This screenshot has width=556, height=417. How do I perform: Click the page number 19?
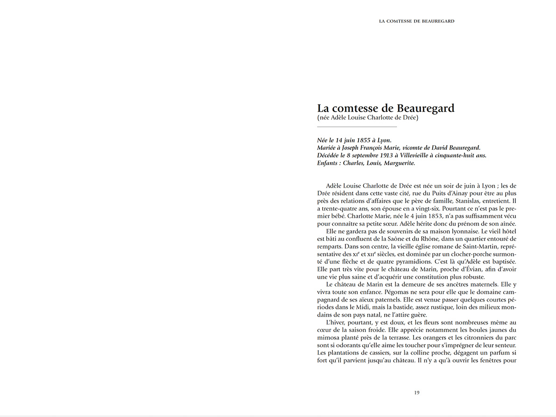[x=416, y=393]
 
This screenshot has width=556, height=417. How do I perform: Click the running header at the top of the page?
[x=416, y=21]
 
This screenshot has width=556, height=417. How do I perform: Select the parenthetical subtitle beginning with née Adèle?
[x=367, y=118]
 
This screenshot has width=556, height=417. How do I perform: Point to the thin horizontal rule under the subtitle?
[x=357, y=127]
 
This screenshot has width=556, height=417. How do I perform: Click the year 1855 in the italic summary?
[x=357, y=140]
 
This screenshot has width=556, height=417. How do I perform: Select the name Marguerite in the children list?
[x=397, y=163]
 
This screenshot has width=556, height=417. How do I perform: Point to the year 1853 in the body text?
[x=417, y=216]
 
